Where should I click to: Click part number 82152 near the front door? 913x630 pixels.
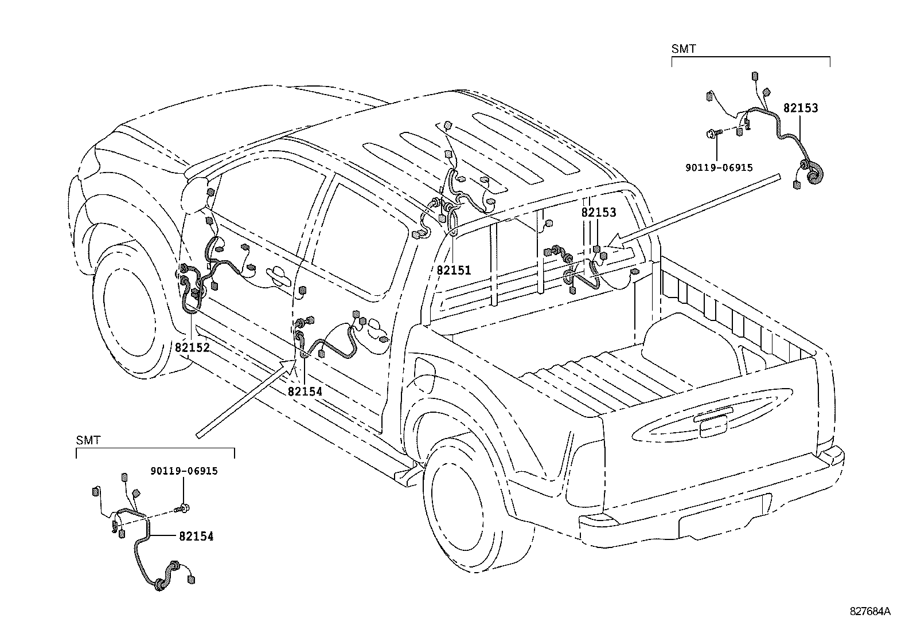coord(192,347)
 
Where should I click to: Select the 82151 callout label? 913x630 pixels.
coord(454,270)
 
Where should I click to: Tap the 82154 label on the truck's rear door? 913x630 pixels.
coord(305,392)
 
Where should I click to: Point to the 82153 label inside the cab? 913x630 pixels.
coord(599,212)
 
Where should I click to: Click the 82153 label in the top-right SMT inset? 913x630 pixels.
coord(801,108)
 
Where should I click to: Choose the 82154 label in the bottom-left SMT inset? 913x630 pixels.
coord(196,537)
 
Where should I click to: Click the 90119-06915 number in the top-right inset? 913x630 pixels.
coord(719,167)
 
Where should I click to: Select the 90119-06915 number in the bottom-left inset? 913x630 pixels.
coord(184,471)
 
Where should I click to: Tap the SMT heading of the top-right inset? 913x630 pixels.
coord(684,49)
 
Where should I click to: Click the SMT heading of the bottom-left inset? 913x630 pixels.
coord(88,440)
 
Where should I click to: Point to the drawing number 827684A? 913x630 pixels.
coord(870,611)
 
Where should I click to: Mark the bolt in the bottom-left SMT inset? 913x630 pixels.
coord(182,508)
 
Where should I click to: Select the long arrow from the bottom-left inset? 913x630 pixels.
coord(245,398)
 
